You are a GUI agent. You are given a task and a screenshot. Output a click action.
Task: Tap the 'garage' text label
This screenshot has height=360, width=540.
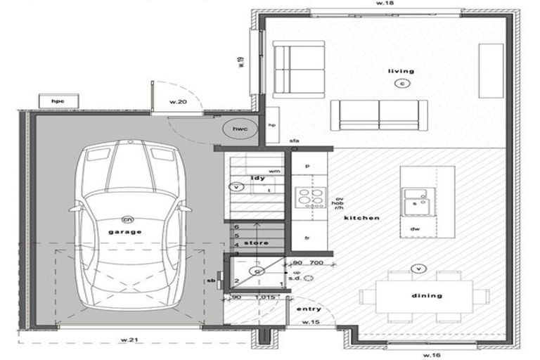coord(124,231)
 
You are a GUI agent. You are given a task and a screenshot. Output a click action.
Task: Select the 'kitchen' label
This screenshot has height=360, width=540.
coord(361,218)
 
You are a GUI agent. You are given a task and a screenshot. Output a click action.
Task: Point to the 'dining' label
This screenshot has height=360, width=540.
coord(426,295)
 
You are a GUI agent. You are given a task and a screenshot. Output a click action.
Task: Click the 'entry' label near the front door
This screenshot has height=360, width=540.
coord(309,309)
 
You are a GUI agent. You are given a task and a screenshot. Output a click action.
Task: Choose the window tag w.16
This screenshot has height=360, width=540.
coord(433,355)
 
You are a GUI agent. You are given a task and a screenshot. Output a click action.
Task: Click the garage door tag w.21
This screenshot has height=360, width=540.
coord(127,340)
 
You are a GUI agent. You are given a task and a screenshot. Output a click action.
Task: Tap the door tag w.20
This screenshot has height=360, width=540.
coord(178,103)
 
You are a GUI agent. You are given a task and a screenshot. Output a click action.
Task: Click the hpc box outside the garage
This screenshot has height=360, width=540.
coord(58,102)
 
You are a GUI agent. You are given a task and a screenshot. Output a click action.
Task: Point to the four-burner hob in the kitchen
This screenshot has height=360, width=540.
coord(309,195)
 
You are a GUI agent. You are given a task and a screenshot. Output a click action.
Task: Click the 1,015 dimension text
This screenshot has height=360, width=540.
coord(264,298)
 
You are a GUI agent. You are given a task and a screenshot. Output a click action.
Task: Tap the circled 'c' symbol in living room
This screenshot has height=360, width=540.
coord(402,84)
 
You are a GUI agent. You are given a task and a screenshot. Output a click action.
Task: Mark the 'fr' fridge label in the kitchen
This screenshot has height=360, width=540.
coord(307,238)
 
